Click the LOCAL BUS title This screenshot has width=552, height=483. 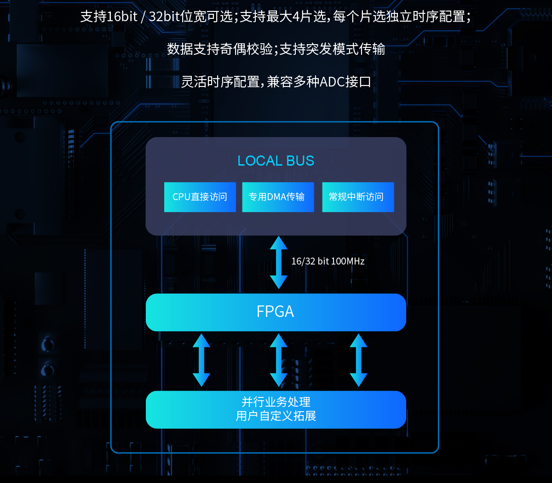(276, 161)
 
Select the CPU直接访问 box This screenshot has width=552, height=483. (200, 197)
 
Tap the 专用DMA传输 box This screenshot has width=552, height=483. (278, 197)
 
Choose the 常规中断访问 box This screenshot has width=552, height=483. (358, 197)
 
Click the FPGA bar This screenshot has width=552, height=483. (276, 312)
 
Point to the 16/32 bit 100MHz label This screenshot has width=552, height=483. (328, 261)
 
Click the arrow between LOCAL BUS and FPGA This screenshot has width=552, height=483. (278, 262)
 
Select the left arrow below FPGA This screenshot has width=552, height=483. (201, 360)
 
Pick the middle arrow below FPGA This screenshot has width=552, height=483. (278, 360)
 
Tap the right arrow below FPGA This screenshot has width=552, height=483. (358, 360)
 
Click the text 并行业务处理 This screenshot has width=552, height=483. (276, 402)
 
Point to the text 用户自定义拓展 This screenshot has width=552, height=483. (276, 416)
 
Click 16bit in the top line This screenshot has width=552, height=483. (122, 17)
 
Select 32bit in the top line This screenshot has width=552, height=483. (165, 17)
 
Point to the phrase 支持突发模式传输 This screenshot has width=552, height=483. (332, 49)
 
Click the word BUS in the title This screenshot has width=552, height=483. (299, 161)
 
